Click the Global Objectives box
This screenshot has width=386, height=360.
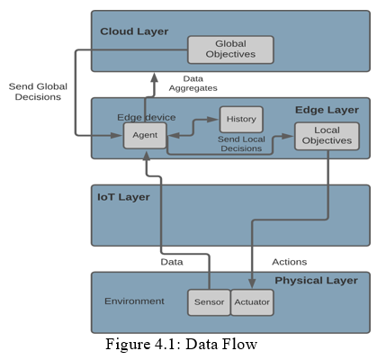[230, 49]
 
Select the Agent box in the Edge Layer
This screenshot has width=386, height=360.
[145, 135]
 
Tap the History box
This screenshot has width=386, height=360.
[241, 120]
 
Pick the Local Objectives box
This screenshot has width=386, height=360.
[327, 136]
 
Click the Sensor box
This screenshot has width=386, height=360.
[209, 302]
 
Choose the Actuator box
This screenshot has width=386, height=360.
[252, 302]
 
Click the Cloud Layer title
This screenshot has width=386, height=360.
[134, 31]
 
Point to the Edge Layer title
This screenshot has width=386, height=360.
[327, 110]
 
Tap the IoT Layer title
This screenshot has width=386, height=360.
[123, 197]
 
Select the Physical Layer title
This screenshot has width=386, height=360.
[316, 281]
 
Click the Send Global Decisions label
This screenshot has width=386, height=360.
[38, 92]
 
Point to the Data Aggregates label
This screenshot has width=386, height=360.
[193, 84]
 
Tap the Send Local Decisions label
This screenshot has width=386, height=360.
[241, 144]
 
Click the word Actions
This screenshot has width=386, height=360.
[290, 262]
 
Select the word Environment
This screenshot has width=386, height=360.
[134, 301]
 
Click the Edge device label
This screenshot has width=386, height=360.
[147, 117]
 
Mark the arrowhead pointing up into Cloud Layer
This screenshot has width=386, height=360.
[154, 77]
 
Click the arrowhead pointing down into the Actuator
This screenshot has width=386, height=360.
[252, 283]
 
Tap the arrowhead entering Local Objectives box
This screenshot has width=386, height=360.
[288, 136]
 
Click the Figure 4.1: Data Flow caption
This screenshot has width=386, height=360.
[181, 344]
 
